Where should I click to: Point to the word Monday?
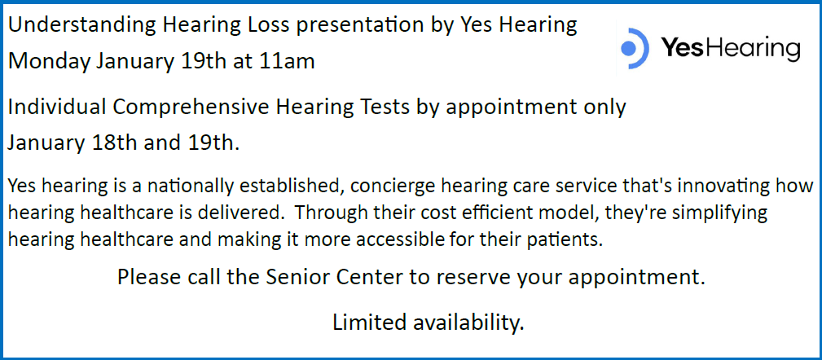point(50,63)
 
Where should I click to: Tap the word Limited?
point(369,323)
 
